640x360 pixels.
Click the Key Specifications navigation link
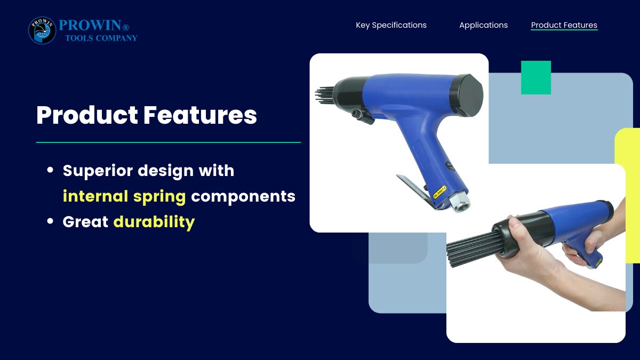point(391,25)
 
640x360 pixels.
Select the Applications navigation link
point(483,25)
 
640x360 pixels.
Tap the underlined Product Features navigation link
point(564,25)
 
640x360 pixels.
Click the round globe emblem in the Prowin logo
point(42,30)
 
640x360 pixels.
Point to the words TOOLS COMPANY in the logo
point(101,38)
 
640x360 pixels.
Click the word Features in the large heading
point(200,115)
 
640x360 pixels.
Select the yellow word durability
point(154,222)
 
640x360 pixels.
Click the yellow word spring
point(159,197)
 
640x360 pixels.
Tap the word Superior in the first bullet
point(98,171)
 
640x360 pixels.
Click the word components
point(243,197)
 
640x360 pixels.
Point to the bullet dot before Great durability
point(50,221)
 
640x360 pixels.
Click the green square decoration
point(536,77)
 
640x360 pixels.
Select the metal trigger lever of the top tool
point(414,190)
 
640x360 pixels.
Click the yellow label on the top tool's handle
point(439,193)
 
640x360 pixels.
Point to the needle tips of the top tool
point(324,95)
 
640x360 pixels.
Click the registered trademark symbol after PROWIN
point(126,27)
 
